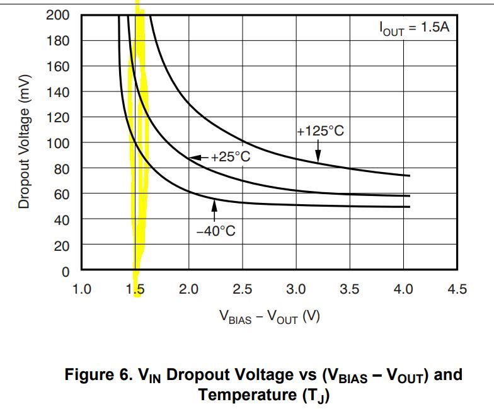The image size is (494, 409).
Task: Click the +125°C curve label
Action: pos(320,132)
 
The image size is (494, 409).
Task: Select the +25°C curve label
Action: pos(230,157)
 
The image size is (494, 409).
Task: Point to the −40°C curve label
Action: pos(215,231)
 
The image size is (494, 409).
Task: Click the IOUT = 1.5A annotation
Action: pos(414,29)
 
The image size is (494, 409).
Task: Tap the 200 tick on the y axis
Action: pos(58,15)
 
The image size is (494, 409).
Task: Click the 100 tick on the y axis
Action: pos(58,143)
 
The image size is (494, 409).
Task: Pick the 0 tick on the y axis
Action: pos(66,271)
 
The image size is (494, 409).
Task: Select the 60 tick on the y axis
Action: pos(61,194)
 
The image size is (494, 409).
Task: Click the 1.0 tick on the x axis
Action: pos(82,289)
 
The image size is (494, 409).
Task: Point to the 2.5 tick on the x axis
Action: pos(243,289)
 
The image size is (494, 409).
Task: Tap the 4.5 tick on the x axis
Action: pos(457,289)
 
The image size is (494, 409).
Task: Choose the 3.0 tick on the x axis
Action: pos(296,289)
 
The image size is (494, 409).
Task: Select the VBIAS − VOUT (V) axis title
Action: pos(269,318)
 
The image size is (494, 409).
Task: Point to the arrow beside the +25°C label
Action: pos(198,157)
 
